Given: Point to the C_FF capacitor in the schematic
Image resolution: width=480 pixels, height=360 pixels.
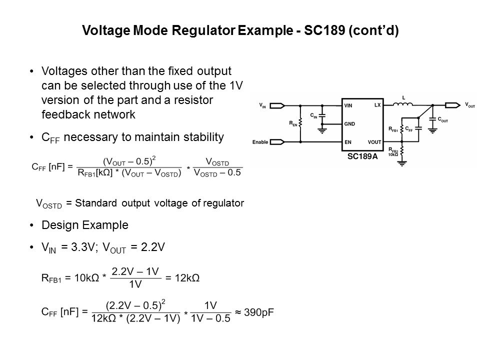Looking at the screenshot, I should point(418,128).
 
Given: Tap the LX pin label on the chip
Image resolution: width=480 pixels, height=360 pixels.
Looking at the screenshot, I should point(376,105).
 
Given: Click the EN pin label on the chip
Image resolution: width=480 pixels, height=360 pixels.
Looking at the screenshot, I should point(347,142).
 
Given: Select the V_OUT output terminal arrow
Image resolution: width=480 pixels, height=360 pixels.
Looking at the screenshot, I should point(452,105).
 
